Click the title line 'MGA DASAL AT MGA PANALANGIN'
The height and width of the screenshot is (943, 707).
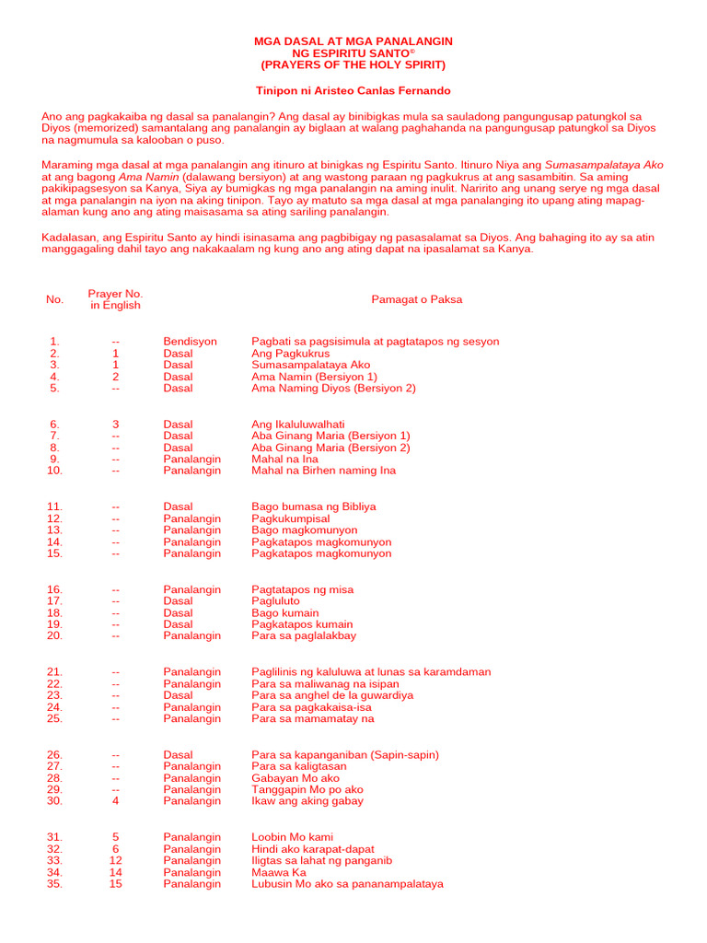pyautogui.click(x=353, y=42)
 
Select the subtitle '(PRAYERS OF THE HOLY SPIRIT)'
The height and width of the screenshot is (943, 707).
pyautogui.click(x=353, y=65)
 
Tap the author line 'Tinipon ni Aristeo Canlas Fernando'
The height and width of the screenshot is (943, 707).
pyautogui.click(x=353, y=91)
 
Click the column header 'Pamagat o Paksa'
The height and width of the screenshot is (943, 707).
pyautogui.click(x=416, y=299)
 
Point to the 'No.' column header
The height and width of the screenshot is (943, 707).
pyautogui.click(x=55, y=299)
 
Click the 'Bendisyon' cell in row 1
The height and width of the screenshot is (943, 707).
pyautogui.click(x=191, y=342)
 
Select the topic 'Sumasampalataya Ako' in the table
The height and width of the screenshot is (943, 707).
pyautogui.click(x=311, y=365)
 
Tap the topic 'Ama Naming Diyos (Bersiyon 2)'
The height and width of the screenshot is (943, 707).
pyautogui.click(x=333, y=389)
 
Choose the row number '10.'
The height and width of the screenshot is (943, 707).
pyautogui.click(x=55, y=471)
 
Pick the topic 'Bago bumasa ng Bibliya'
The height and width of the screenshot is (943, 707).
pyautogui.click(x=314, y=506)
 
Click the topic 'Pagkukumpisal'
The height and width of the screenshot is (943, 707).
pyautogui.click(x=290, y=518)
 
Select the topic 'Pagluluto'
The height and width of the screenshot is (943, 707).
pyautogui.click(x=276, y=601)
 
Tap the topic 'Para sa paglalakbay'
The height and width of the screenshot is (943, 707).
pyautogui.click(x=304, y=635)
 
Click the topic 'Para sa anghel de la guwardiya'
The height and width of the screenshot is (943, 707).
pyautogui.click(x=332, y=696)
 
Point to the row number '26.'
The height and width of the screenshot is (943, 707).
pyautogui.click(x=55, y=755)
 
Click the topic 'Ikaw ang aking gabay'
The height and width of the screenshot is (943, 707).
pyautogui.click(x=307, y=801)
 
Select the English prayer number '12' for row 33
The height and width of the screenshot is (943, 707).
pyautogui.click(x=116, y=861)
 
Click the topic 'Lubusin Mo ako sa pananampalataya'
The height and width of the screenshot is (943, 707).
pyautogui.click(x=347, y=884)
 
